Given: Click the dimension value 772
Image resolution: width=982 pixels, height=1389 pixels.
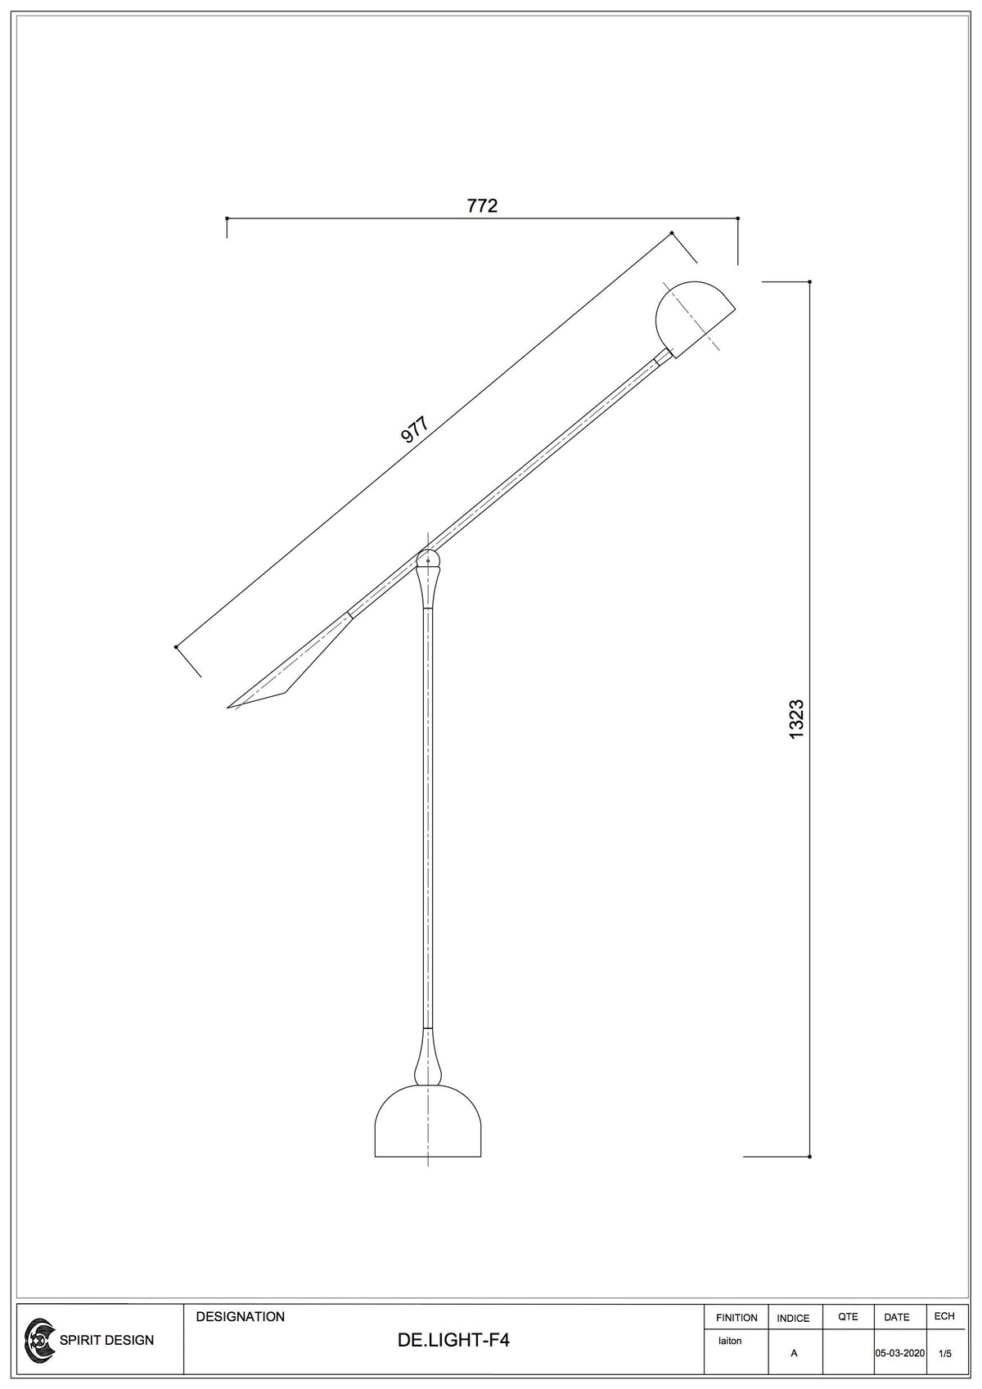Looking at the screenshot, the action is pos(482,205).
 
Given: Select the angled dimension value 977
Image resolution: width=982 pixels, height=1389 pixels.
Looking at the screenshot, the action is pos(414,429).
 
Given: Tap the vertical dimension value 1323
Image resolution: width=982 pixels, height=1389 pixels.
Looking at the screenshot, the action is pos(796,719).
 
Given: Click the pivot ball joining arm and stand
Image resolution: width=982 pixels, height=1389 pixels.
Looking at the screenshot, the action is pos(428,560).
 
